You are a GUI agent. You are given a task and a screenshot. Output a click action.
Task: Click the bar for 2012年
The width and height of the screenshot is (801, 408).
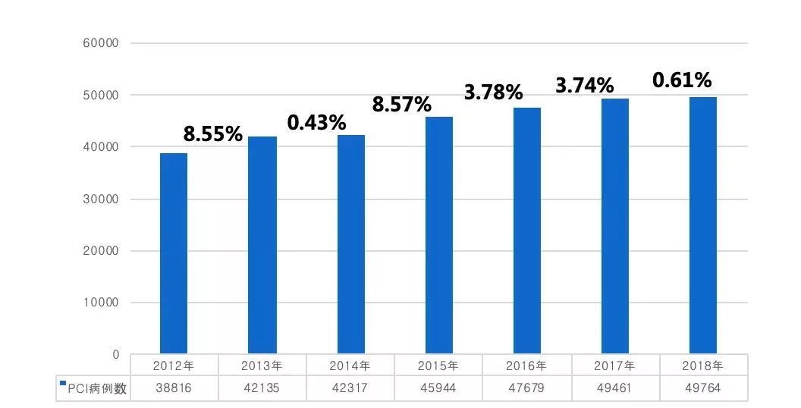pyautogui.click(x=174, y=253)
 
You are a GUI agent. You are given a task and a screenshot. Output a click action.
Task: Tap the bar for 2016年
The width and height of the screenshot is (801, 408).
pyautogui.click(x=526, y=231)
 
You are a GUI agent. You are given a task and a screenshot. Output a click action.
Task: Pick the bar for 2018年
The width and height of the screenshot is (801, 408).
pyautogui.click(x=703, y=225)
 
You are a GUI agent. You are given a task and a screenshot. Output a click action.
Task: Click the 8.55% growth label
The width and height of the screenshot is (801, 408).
pyautogui.click(x=213, y=135)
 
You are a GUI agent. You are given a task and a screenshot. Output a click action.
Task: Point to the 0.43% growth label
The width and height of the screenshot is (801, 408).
pyautogui.click(x=316, y=122)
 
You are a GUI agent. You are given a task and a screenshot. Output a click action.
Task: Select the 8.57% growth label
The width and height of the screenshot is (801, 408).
pyautogui.click(x=401, y=104)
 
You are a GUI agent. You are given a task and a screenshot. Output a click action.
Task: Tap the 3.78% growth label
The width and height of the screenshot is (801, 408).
pyautogui.click(x=494, y=93)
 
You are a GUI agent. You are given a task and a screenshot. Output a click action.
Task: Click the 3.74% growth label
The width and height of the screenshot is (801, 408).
pyautogui.click(x=584, y=86)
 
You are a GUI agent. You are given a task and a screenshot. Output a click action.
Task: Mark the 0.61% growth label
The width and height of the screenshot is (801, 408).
pyautogui.click(x=682, y=80)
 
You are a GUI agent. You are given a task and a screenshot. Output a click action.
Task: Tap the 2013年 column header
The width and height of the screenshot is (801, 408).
pyautogui.click(x=262, y=366)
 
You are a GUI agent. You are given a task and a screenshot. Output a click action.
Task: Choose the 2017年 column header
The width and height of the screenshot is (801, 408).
pyautogui.click(x=615, y=366)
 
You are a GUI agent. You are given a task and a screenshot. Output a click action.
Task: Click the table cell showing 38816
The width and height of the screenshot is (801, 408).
pyautogui.click(x=174, y=388)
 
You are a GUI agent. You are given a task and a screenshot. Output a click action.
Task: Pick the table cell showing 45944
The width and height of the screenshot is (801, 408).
pyautogui.click(x=438, y=388)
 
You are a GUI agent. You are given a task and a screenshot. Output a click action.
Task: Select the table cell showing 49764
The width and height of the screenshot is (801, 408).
pyautogui.click(x=703, y=388)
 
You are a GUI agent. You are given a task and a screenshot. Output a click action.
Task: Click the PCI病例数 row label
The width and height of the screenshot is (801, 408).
pyautogui.click(x=97, y=389)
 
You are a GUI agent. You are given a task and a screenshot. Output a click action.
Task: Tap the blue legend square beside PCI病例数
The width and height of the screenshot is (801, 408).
pyautogui.click(x=63, y=384)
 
